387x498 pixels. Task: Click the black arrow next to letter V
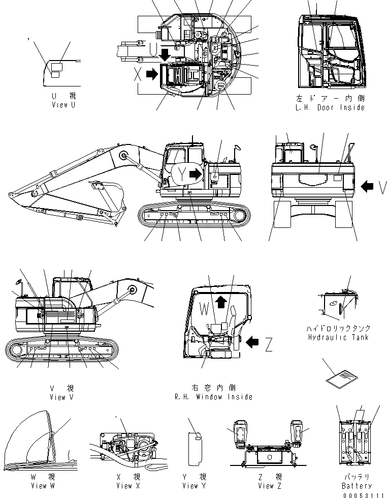(x=368, y=187)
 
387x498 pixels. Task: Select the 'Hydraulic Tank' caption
(x=339, y=337)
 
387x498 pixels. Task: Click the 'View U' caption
(x=63, y=104)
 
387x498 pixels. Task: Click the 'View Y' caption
(x=195, y=486)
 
